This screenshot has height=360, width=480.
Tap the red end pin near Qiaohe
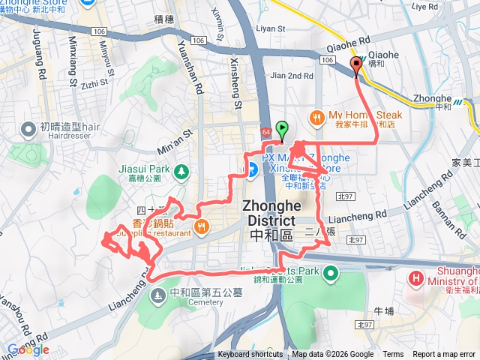point(355,65)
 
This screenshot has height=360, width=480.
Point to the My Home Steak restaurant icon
point(317,116)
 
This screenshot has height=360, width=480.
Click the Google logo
point(28,349)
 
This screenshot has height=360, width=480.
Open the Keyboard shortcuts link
point(250,355)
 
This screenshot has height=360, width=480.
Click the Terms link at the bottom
point(393,355)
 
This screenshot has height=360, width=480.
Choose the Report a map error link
point(444,355)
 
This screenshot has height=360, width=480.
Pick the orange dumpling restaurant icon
point(201,226)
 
